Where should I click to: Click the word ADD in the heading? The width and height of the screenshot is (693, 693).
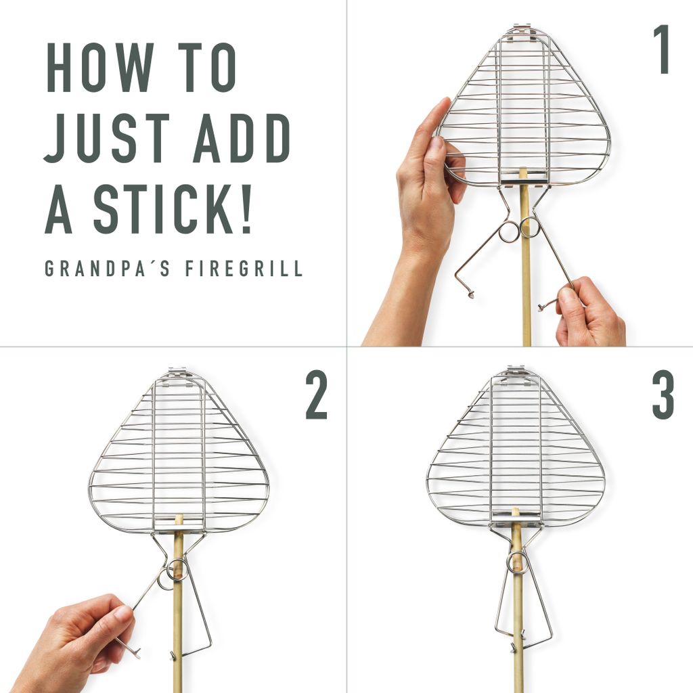click(x=242, y=138)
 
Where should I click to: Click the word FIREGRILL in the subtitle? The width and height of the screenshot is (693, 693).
click(x=244, y=268)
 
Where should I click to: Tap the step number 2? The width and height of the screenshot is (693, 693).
click(x=317, y=395)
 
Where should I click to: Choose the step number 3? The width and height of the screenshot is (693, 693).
click(x=663, y=395)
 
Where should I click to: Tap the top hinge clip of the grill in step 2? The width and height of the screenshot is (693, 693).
click(x=179, y=374)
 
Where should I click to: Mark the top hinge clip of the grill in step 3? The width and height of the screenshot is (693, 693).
click(x=516, y=372)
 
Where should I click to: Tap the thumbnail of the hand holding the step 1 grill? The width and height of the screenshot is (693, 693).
click(x=437, y=143)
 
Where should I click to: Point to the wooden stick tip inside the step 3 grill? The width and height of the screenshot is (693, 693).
click(x=515, y=511)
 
